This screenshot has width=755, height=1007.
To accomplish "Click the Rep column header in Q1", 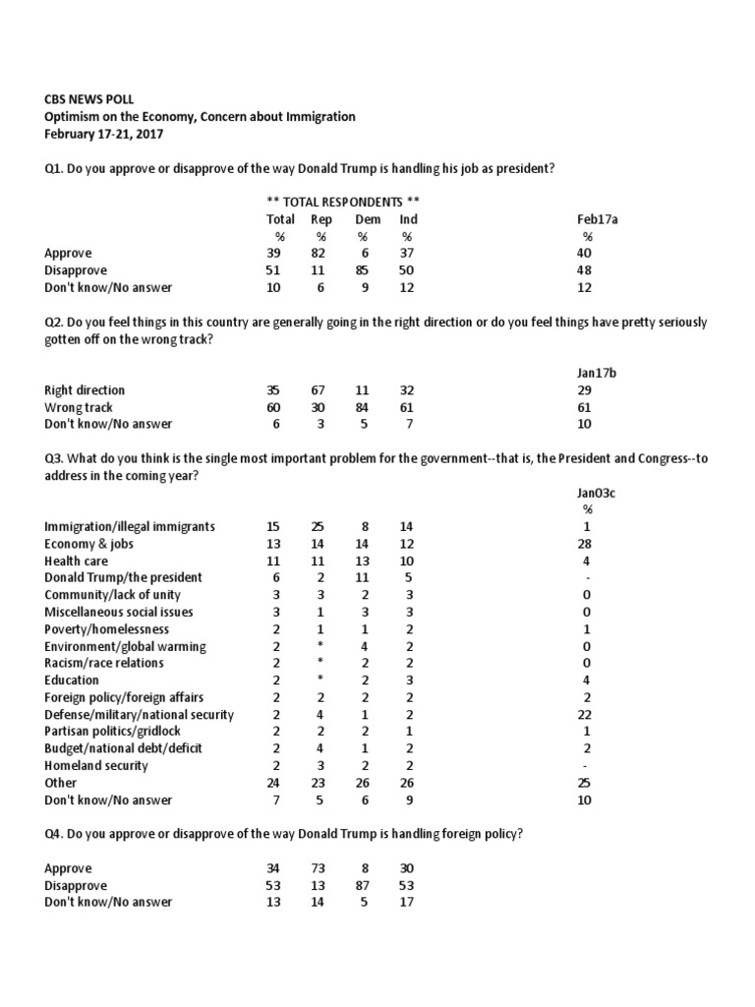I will pos(321,219).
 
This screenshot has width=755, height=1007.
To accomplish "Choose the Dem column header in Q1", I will pos(368,219).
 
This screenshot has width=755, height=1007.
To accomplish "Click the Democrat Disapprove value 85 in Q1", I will pos(364,269).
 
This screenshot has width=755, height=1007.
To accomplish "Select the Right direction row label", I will pos(85,390).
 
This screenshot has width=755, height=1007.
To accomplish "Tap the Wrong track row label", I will pos(79,407).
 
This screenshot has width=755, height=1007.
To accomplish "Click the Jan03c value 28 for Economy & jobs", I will pos(587,544).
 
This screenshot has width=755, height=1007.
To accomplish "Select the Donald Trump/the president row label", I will pos(124,577).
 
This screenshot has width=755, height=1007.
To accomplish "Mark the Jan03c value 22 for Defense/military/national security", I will pos(587,714).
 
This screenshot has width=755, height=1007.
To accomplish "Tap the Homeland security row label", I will pos(94,765).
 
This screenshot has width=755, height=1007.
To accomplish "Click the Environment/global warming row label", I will pos(125,646).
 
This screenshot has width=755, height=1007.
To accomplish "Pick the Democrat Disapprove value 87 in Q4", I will pos(364,886).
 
